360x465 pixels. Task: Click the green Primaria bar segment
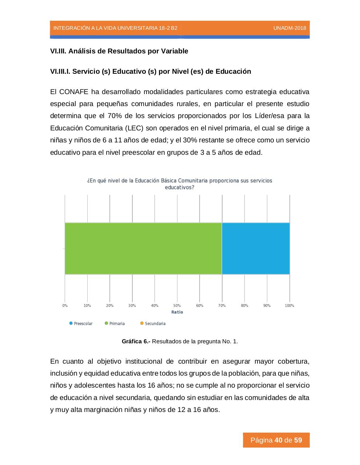click(143, 248)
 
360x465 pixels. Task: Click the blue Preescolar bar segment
click(256, 248)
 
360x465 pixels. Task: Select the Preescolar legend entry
click(81, 324)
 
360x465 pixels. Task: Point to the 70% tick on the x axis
click(222, 306)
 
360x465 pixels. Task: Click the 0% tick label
click(65, 306)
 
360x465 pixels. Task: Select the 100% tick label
click(289, 306)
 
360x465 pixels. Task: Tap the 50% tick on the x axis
click(177, 306)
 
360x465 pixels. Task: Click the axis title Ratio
click(177, 312)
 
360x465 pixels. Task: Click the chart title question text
click(180, 184)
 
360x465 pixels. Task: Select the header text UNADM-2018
click(289, 28)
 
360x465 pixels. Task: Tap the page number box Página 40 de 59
click(276, 440)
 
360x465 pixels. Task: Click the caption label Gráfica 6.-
click(136, 341)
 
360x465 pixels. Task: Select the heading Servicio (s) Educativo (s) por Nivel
click(151, 72)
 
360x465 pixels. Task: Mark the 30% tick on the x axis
click(132, 306)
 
